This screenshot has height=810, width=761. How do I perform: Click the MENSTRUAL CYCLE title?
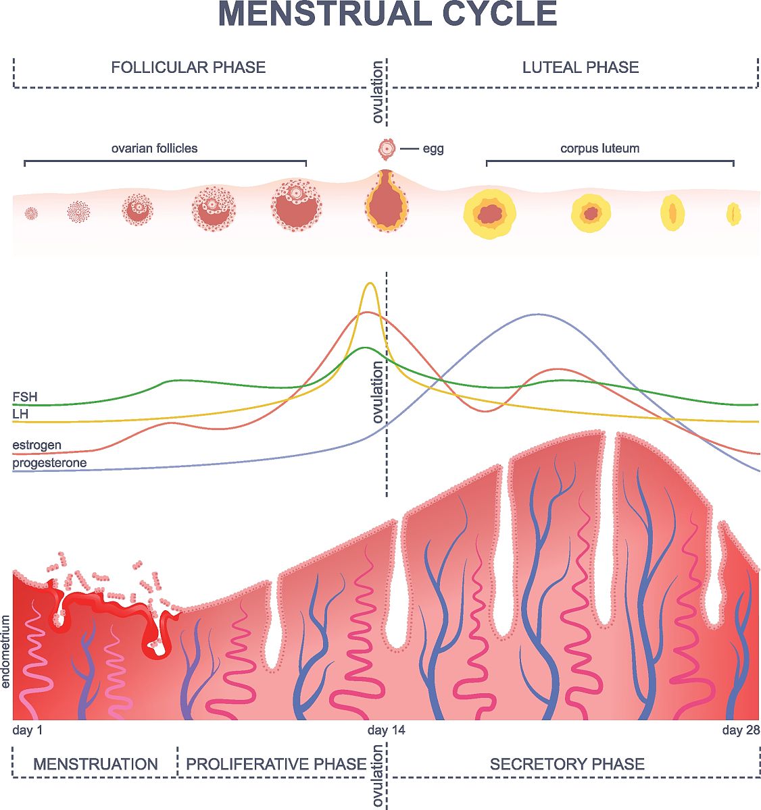coord(388,15)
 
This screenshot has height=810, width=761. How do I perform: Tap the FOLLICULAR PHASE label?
coord(189,67)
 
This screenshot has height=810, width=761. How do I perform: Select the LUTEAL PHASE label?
coord(581,67)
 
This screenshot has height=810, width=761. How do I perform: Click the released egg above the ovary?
coord(386,148)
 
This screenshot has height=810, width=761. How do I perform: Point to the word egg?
coord(433,149)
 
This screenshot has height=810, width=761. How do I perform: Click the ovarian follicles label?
coord(154,148)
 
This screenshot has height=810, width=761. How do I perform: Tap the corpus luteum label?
coord(599,148)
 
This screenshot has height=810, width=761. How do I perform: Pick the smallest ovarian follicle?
coord(31,213)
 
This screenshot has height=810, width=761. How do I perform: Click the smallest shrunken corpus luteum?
coord(734,214)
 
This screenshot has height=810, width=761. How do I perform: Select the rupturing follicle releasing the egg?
coord(387,202)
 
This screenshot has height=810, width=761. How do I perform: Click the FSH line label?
coord(25,397)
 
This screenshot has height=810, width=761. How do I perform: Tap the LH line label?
coord(20,414)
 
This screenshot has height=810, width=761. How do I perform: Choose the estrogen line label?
coord(36,445)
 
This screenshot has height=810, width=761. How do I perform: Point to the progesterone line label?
coord(49,463)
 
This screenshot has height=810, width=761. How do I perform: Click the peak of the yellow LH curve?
coord(370,283)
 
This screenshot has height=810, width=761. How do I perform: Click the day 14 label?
coord(387,730)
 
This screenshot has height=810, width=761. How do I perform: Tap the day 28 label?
coord(741,730)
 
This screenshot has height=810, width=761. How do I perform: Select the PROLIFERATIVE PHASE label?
coord(276,764)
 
